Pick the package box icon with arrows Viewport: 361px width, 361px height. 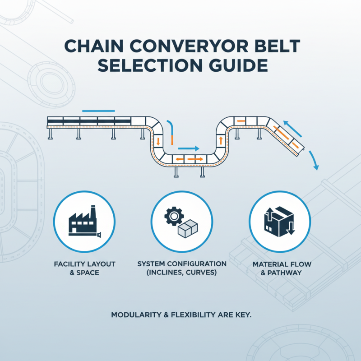click(278, 221)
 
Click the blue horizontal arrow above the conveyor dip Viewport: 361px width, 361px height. click(189, 148)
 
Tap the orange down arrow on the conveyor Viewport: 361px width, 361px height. click(158, 141)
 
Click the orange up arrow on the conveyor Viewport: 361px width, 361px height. click(221, 140)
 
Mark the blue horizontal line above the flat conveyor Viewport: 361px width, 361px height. click(99, 111)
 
